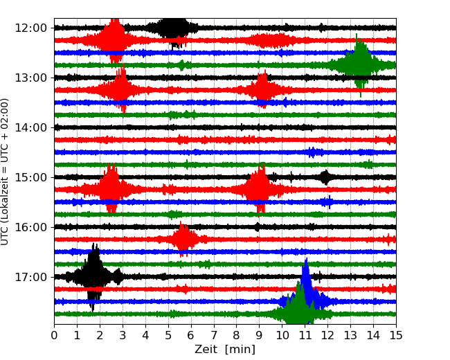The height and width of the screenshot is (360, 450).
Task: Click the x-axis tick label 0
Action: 55,336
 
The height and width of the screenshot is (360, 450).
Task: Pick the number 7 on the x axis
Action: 214,336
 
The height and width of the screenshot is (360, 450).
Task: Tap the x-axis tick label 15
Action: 396,336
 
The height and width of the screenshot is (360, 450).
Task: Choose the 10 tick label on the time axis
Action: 282,336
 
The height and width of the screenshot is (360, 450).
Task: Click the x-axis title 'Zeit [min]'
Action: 225,350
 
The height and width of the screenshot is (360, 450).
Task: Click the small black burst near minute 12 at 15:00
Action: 325,177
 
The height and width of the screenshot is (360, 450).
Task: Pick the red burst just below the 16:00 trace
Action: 183,240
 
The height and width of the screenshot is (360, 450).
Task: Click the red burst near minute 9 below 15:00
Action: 259,189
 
